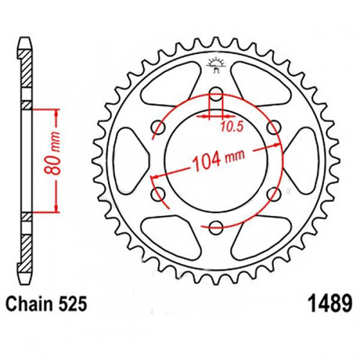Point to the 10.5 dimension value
[231, 126]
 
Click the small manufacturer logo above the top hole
[216, 65]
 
